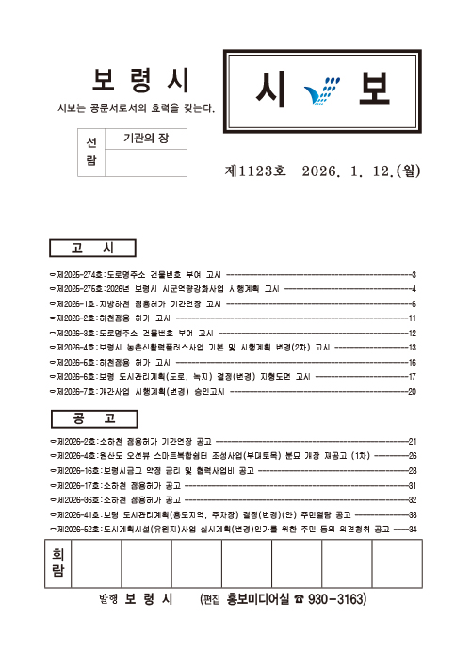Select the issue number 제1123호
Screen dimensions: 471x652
(254, 171)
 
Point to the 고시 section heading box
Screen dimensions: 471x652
(91, 248)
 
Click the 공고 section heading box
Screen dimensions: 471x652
(91, 417)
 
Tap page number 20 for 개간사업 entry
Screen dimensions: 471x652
(412, 391)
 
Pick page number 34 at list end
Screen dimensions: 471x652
(412, 530)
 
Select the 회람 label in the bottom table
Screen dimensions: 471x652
(59, 564)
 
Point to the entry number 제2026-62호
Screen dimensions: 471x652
(77, 530)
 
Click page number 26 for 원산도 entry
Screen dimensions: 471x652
(412, 456)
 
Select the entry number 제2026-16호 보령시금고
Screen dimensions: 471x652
(77, 470)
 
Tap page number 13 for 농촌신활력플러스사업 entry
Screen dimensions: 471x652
(412, 348)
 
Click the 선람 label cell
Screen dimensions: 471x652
(91, 152)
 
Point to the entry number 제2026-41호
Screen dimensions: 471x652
(77, 515)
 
